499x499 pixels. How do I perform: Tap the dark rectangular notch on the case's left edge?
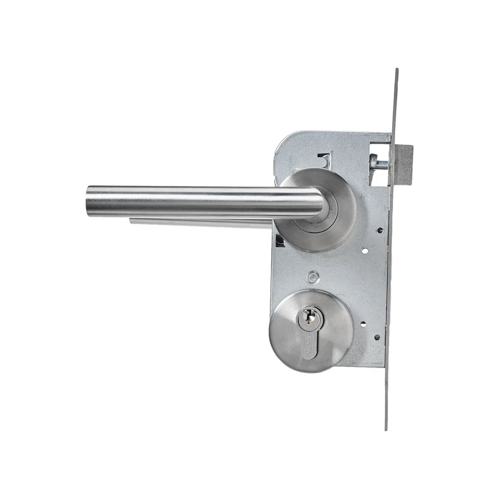(x=279, y=240)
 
